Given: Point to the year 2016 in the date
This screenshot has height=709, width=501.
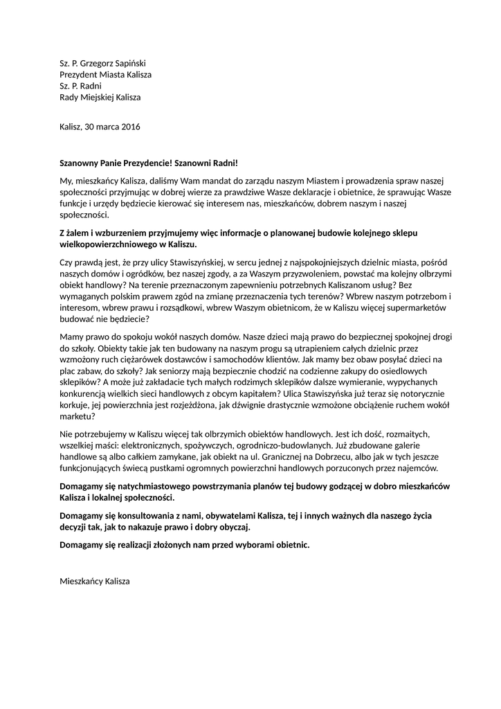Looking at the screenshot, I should click(x=131, y=127).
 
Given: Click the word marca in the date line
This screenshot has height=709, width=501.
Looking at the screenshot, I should click(x=108, y=127).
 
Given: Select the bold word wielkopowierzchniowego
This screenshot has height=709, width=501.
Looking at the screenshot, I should click(x=109, y=245).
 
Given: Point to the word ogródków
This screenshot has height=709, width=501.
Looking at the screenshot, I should click(x=133, y=275).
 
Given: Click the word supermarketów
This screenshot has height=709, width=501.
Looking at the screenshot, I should click(x=415, y=309).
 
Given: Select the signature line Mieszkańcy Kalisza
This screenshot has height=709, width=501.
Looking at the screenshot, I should click(x=95, y=582).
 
